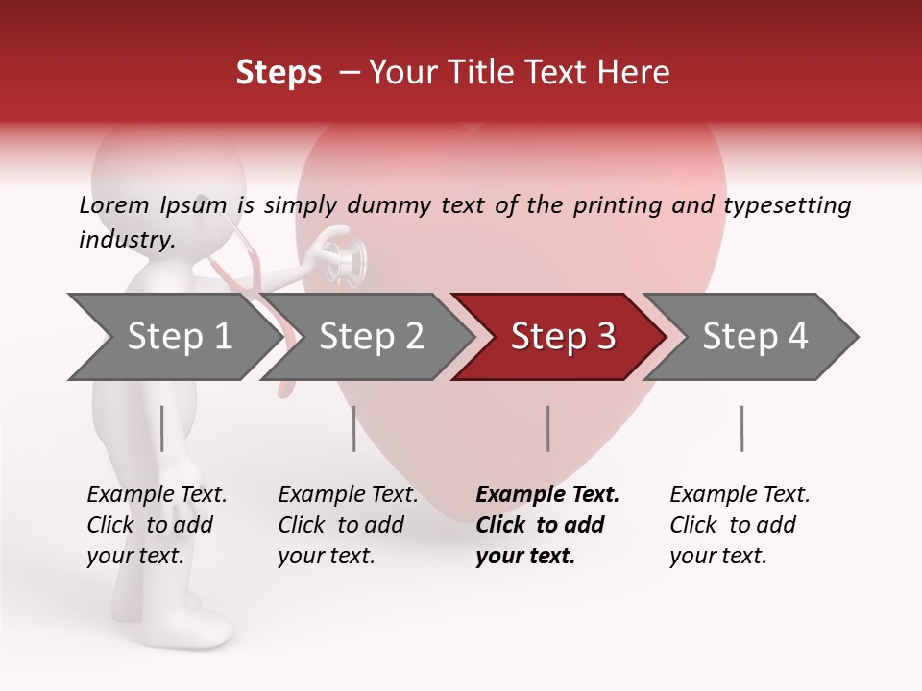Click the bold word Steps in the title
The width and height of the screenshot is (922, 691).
pos(279,73)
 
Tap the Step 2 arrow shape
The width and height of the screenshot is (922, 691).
pos(370,337)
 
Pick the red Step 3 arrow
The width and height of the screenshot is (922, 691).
pos(562,337)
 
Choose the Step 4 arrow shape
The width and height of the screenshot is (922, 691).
pos(754,337)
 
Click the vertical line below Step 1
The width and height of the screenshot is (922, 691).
pos(162,428)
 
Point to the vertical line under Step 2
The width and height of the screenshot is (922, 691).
pos(354,428)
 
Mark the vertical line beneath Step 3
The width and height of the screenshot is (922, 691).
pos(548,428)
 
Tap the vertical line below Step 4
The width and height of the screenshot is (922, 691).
pos(741,428)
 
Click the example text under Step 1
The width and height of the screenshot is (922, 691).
pos(157,525)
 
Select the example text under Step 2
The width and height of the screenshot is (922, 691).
pos(348,525)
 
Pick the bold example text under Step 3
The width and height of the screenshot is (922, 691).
pos(547,525)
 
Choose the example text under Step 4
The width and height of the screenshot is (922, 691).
pos(740,525)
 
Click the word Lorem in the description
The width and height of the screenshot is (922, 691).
pos(113,205)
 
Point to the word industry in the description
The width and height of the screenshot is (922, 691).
pos(127,240)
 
